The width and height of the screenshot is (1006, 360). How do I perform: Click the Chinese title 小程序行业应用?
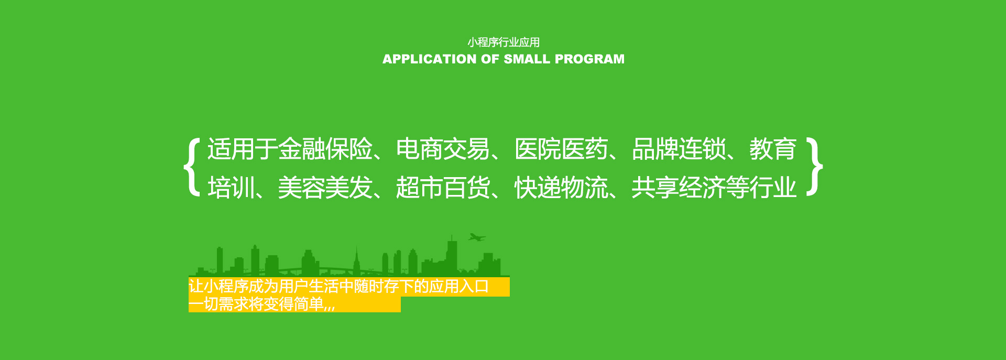(x=504, y=42)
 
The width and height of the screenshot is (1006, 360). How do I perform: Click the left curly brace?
(x=192, y=167)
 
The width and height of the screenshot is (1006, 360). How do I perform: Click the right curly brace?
(x=815, y=167)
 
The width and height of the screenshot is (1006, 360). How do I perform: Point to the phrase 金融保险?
(x=325, y=149)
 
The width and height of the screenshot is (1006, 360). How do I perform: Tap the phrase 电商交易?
(x=443, y=149)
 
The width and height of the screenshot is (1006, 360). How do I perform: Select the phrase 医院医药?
(x=561, y=149)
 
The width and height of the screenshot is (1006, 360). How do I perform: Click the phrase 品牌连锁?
(x=679, y=149)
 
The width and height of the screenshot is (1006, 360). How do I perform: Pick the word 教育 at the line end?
(x=773, y=149)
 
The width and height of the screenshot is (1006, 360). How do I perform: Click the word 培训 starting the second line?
(x=231, y=188)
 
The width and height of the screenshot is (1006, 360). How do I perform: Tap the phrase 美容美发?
(x=325, y=188)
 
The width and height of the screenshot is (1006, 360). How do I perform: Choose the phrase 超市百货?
(x=443, y=188)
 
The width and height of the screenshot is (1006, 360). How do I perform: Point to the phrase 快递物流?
(x=561, y=188)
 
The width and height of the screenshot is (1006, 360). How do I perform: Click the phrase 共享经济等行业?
(x=714, y=188)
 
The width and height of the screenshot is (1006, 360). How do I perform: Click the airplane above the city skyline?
(x=477, y=237)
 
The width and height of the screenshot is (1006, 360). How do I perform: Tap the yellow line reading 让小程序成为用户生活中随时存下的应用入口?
(x=339, y=287)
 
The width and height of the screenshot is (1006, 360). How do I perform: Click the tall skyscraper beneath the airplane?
(x=452, y=257)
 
